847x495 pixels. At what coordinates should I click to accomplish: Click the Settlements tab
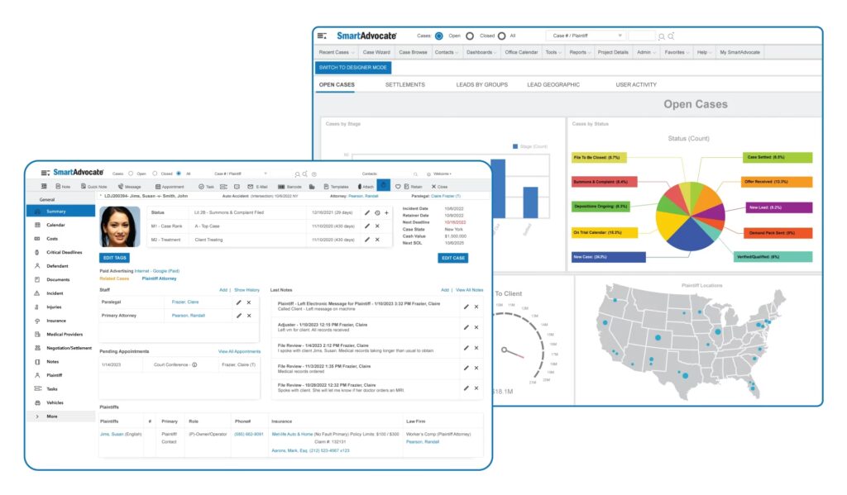click(x=404, y=84)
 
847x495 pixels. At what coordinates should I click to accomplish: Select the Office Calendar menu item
click(x=521, y=52)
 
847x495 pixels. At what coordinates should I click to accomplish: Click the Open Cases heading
click(x=695, y=104)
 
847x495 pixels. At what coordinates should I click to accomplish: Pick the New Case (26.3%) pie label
click(x=608, y=258)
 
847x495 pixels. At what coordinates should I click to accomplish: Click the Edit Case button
click(x=453, y=258)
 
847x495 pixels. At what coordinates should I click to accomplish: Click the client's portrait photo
click(x=121, y=226)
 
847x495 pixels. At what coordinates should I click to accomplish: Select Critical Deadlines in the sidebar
click(x=64, y=252)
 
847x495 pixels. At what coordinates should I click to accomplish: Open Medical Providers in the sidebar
click(x=65, y=334)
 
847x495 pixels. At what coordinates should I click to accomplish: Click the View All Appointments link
click(x=239, y=351)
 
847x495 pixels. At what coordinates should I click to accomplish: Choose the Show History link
click(x=246, y=290)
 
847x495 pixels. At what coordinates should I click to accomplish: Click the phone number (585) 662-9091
click(x=249, y=434)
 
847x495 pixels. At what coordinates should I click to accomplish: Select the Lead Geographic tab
click(x=553, y=84)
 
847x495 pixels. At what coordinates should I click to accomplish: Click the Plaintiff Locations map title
click(x=701, y=285)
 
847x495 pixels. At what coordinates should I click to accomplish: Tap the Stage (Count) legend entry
click(x=530, y=146)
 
